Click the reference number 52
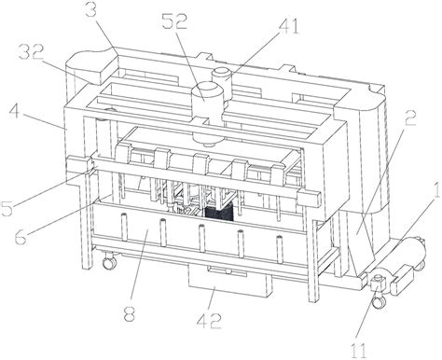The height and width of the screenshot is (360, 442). point(174,22)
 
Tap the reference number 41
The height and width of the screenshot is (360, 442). point(288,26)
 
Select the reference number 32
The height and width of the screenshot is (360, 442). point(31,52)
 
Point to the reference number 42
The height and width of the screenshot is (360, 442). point(209,321)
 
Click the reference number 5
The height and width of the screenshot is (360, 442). point(7,209)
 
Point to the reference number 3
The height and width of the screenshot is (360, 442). point(92,7)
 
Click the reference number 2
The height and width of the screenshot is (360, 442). point(410,118)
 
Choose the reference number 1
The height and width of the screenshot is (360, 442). point(436,190)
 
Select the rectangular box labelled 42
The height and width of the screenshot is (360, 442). point(228,281)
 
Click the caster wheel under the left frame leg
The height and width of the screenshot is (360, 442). point(109,261)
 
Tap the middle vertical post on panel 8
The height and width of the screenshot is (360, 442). point(201,238)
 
